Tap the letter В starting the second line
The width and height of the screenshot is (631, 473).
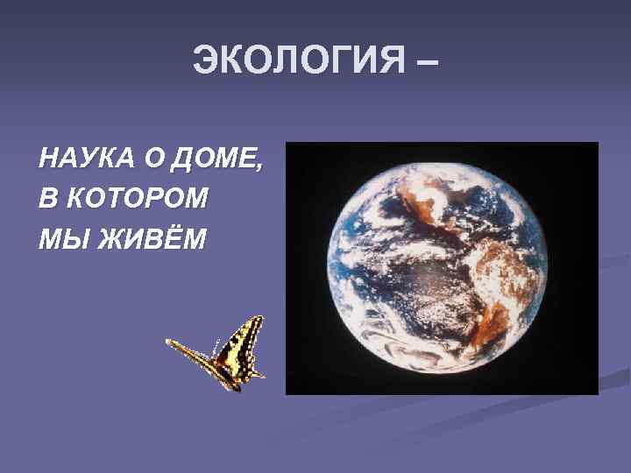48,199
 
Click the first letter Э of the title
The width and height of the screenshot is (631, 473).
204,61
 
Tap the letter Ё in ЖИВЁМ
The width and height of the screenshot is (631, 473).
174,236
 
